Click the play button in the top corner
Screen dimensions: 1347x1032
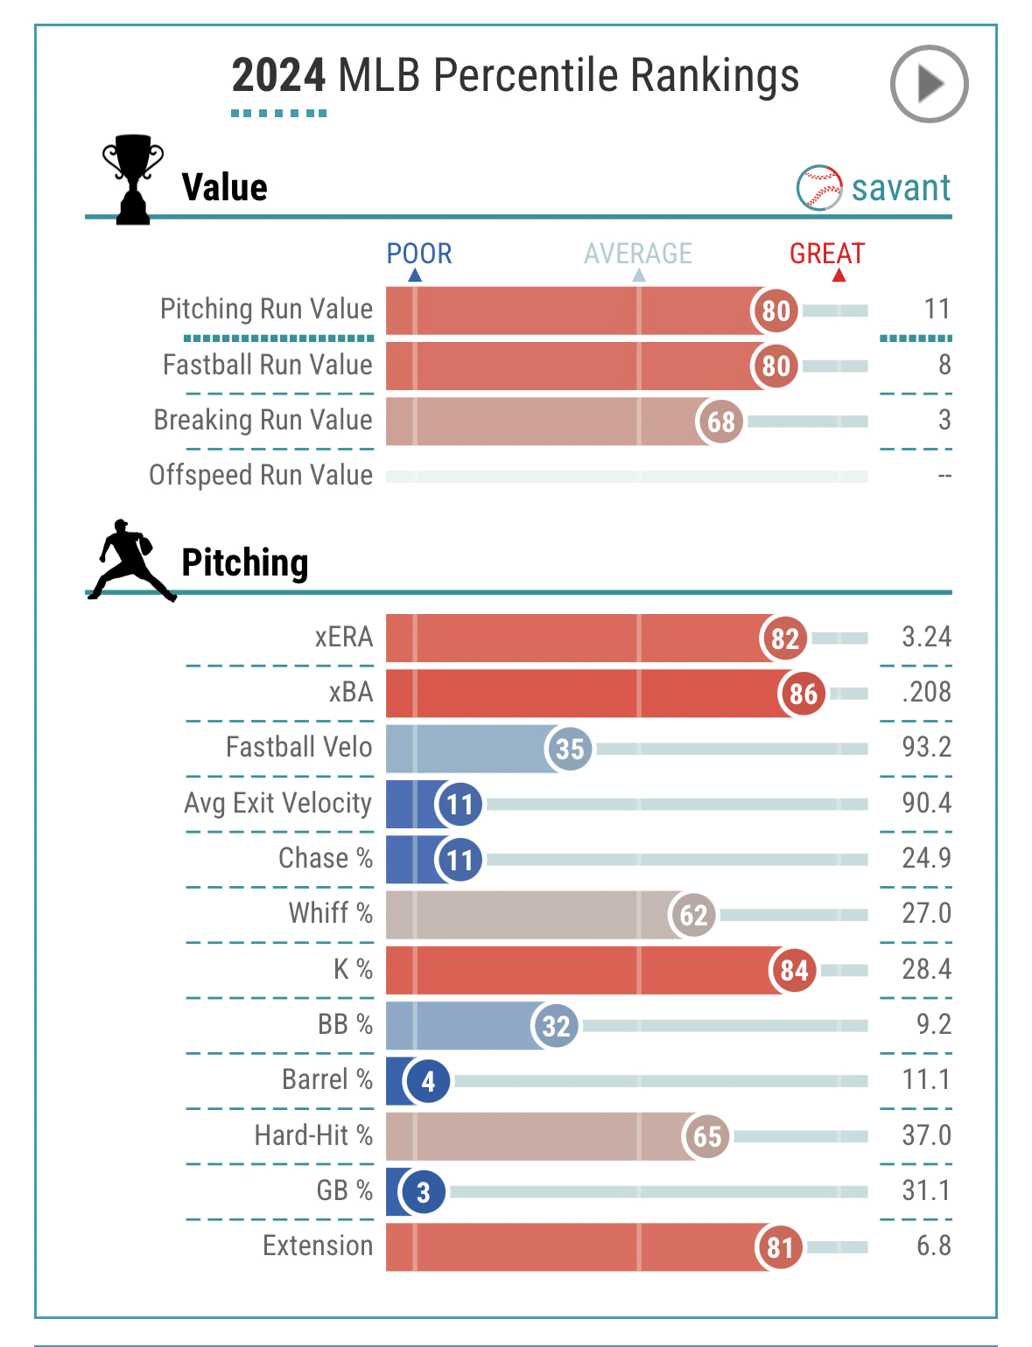929,84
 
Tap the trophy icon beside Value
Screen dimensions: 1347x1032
132,179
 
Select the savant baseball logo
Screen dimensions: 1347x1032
819,187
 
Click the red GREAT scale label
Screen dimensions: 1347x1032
826,254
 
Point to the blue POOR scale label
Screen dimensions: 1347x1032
419,254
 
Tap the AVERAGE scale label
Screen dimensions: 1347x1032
638,254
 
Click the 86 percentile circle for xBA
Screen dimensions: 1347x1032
803,694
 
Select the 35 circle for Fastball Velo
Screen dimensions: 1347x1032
569,749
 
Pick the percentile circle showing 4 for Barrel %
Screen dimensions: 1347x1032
427,1081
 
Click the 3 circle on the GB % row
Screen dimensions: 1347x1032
423,1191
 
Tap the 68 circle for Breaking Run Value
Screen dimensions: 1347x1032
720,422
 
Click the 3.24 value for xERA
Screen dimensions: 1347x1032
926,637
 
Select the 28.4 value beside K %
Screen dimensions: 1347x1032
926,969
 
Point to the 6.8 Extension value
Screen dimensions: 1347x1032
933,1246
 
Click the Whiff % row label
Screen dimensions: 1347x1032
330,913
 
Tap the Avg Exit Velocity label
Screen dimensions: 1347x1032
277,803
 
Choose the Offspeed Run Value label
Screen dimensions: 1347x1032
261,475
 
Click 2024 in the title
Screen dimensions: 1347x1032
278,75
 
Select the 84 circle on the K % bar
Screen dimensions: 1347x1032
794,970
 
